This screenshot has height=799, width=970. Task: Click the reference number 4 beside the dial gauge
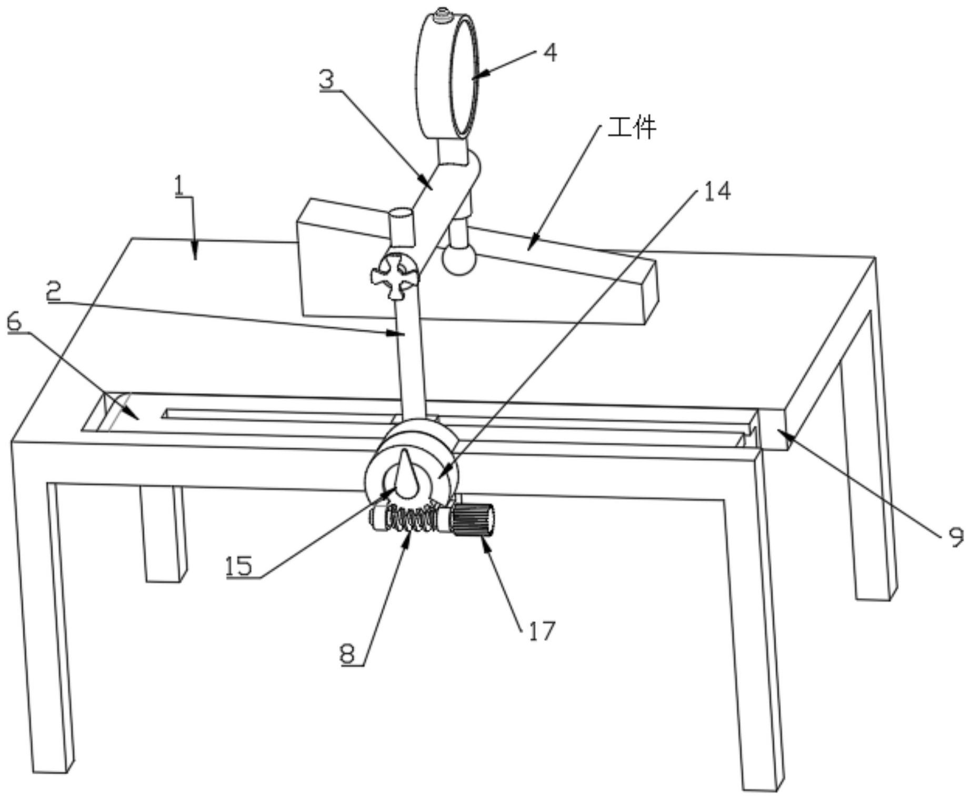[x=549, y=53]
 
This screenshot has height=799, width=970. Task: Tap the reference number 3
[x=327, y=79]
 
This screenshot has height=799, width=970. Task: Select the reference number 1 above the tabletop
[x=180, y=186]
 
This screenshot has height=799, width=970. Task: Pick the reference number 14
[x=717, y=192]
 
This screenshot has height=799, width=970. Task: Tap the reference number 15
[x=239, y=567]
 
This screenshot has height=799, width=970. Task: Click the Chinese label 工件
[x=632, y=128]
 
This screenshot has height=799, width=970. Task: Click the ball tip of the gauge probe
[x=459, y=259]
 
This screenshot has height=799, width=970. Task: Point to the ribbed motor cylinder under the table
[x=473, y=520]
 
